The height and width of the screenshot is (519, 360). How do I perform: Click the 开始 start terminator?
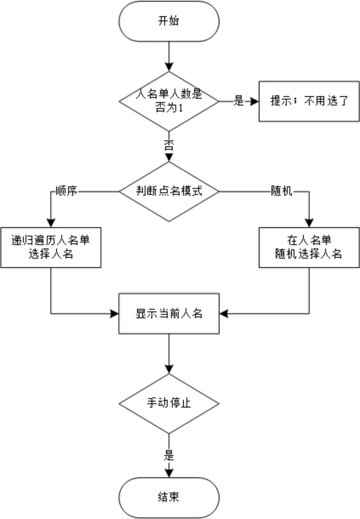pos(169,21)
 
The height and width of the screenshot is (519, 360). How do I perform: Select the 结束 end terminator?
pos(169,497)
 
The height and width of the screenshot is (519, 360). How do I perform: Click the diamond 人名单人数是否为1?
pos(169,101)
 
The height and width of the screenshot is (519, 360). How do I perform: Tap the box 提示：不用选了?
pos(309,101)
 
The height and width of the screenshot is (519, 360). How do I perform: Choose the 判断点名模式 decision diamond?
pos(169,192)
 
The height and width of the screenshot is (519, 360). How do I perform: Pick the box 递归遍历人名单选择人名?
pos(50,247)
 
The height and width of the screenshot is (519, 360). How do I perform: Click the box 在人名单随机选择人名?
pos(309,247)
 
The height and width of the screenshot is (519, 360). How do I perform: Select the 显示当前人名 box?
pos(169,313)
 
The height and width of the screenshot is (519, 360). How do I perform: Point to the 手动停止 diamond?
pos(169,403)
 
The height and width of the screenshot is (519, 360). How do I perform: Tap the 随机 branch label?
pos(282,192)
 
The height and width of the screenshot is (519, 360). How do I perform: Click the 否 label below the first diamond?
pos(169,146)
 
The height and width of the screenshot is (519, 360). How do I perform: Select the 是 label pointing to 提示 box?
pos(239,102)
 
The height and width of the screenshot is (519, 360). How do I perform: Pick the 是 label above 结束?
pos(169,455)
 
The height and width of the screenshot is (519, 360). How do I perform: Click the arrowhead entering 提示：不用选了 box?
pos(255,102)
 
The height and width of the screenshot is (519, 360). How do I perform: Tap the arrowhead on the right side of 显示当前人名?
pos(224,313)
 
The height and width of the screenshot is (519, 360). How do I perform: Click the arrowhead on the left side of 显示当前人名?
pos(115,313)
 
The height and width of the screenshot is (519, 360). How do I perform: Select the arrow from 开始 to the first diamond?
pos(169,56)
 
